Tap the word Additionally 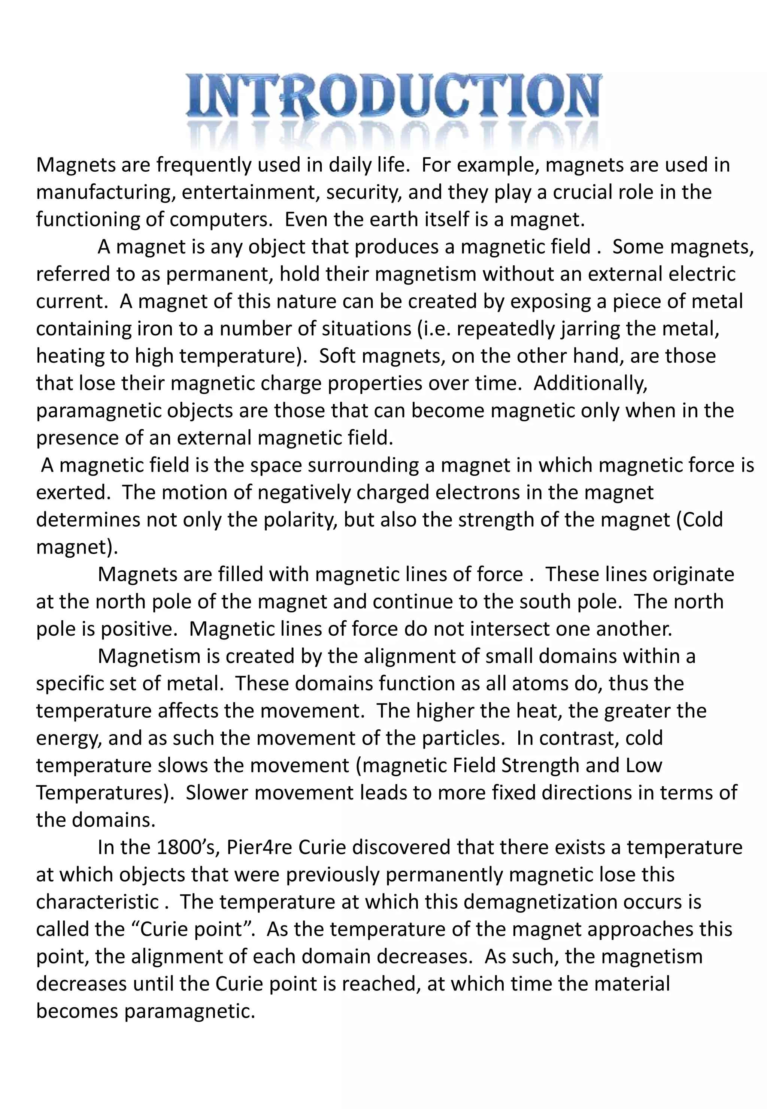pyautogui.click(x=591, y=383)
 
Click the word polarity pyautogui.click(x=300, y=520)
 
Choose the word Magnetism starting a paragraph pyautogui.click(x=149, y=657)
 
